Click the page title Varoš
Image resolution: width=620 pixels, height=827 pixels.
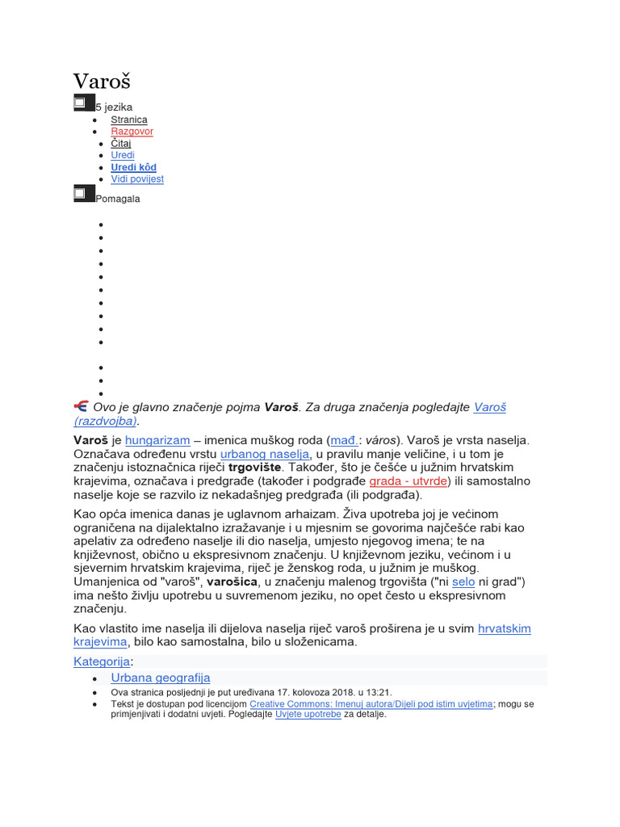pyautogui.click(x=102, y=82)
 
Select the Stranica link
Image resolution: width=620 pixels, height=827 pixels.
pyautogui.click(x=129, y=120)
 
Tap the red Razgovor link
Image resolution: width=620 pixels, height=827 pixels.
pyautogui.click(x=132, y=132)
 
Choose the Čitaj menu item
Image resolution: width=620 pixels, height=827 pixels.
pyautogui.click(x=120, y=143)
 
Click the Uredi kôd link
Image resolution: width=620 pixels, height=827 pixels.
pyautogui.click(x=133, y=167)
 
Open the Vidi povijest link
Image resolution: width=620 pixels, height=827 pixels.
pyautogui.click(x=137, y=178)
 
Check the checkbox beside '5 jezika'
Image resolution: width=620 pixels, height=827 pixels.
pyautogui.click(x=81, y=103)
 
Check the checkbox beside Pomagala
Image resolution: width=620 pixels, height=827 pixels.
pyautogui.click(x=81, y=193)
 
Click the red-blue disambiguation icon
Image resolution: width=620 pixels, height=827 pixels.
pyautogui.click(x=81, y=406)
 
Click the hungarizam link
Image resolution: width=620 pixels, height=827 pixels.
pyautogui.click(x=157, y=441)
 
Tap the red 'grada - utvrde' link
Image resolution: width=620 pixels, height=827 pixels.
pyautogui.click(x=408, y=481)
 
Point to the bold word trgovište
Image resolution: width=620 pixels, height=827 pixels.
pyautogui.click(x=255, y=468)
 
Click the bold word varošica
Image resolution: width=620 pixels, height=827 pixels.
pyautogui.click(x=231, y=581)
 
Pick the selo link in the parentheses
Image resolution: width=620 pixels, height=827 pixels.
pyautogui.click(x=463, y=581)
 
